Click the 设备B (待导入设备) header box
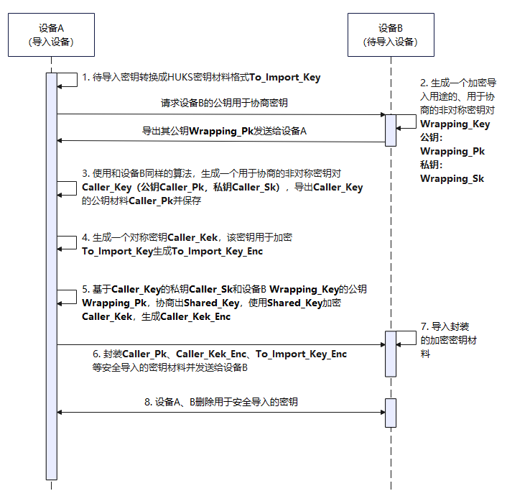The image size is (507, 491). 390,35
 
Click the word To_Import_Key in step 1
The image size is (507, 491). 286,78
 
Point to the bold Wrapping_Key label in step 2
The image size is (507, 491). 455,124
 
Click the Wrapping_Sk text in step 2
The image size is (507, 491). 452,178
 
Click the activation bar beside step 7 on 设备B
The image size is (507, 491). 390,353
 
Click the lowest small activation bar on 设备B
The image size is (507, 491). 390,412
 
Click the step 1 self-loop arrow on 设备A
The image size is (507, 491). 69,79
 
